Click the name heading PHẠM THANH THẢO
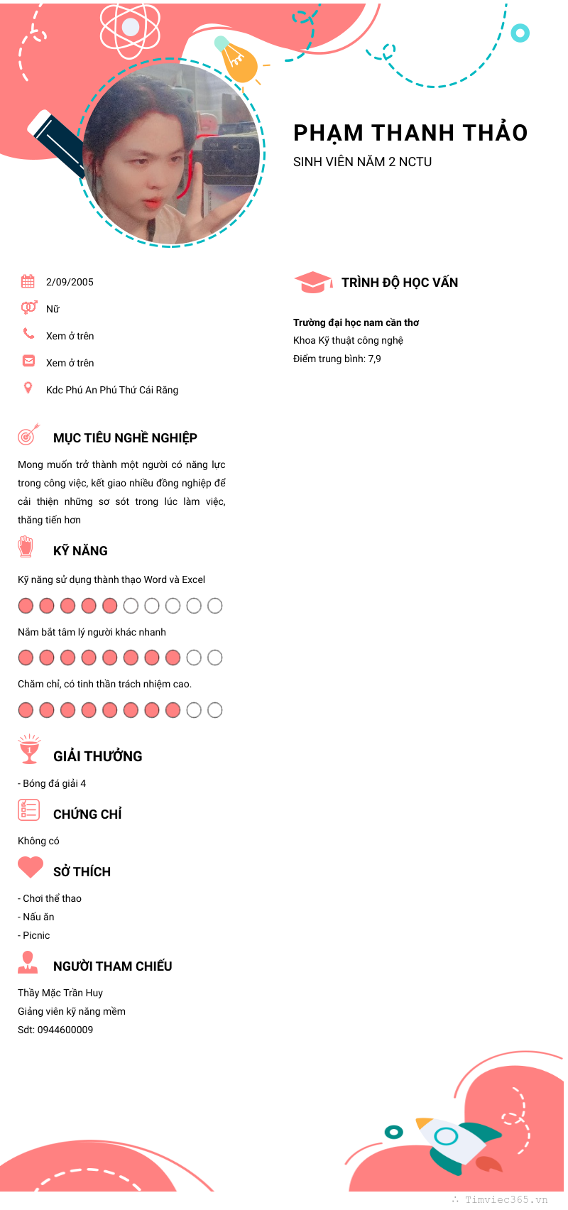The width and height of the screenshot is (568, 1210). pos(410,133)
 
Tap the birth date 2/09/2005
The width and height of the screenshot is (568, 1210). pos(70,282)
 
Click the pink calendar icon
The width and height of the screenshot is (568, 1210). pos(28,281)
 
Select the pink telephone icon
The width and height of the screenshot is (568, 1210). pos(28,333)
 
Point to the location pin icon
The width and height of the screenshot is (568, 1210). pos(28,388)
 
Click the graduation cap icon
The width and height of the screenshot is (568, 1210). pos(312,282)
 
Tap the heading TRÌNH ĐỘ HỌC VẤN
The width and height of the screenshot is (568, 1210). pos(400,283)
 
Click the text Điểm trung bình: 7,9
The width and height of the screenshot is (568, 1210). pos(337,359)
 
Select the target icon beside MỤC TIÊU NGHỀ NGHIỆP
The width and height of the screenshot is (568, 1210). pos(28,435)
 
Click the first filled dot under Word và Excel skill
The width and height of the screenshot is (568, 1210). pos(26,606)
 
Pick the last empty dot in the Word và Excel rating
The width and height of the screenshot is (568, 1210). pos(215,606)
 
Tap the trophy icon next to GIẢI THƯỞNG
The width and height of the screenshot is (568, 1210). pos(29,750)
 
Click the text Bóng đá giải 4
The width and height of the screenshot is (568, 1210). pos(54,783)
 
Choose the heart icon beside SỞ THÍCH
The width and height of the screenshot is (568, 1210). pos(31,867)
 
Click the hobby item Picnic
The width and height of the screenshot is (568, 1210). pos(36,935)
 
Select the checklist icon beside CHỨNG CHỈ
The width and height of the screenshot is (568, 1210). pos(28,810)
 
